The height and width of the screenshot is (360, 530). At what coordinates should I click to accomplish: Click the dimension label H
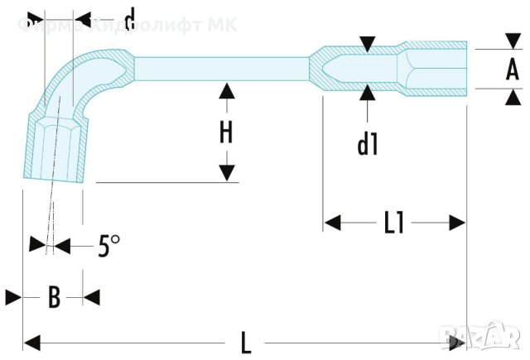224,132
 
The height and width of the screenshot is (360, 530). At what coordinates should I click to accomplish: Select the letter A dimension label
513,70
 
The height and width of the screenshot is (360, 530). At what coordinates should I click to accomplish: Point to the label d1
368,145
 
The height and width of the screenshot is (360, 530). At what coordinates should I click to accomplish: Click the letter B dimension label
54,297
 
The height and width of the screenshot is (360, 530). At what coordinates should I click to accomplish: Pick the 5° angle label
108,246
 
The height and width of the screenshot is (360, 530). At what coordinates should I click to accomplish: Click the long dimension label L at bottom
246,340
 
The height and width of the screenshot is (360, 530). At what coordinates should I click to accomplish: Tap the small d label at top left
129,17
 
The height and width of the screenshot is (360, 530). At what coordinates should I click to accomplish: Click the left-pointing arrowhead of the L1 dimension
332,222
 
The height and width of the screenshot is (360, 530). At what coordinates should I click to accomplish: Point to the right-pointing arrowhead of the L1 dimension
456,222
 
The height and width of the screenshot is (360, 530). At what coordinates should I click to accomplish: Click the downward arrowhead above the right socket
368,42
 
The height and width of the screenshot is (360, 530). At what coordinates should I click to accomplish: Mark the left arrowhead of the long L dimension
31,340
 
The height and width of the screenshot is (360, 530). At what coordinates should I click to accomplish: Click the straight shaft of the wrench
219,65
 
